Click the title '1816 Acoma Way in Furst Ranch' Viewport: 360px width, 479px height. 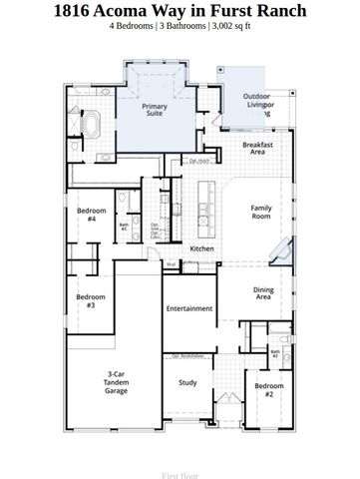[180, 11]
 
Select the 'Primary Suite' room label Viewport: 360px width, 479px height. [155, 109]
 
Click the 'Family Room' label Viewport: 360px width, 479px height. [261, 211]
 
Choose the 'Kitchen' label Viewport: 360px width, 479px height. [201, 247]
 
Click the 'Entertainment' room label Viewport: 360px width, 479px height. [189, 308]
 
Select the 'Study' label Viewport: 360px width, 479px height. [187, 382]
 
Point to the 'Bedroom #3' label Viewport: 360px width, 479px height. [91, 300]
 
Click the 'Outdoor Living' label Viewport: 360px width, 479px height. [257, 105]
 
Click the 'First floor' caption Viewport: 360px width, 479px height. [180, 476]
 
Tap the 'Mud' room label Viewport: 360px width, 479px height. [172, 264]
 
